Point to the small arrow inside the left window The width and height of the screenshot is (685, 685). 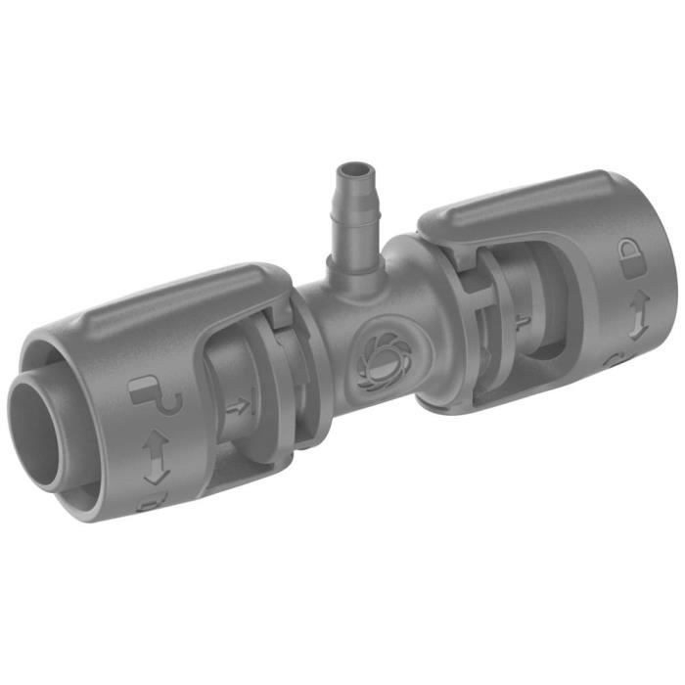click(238, 404)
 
